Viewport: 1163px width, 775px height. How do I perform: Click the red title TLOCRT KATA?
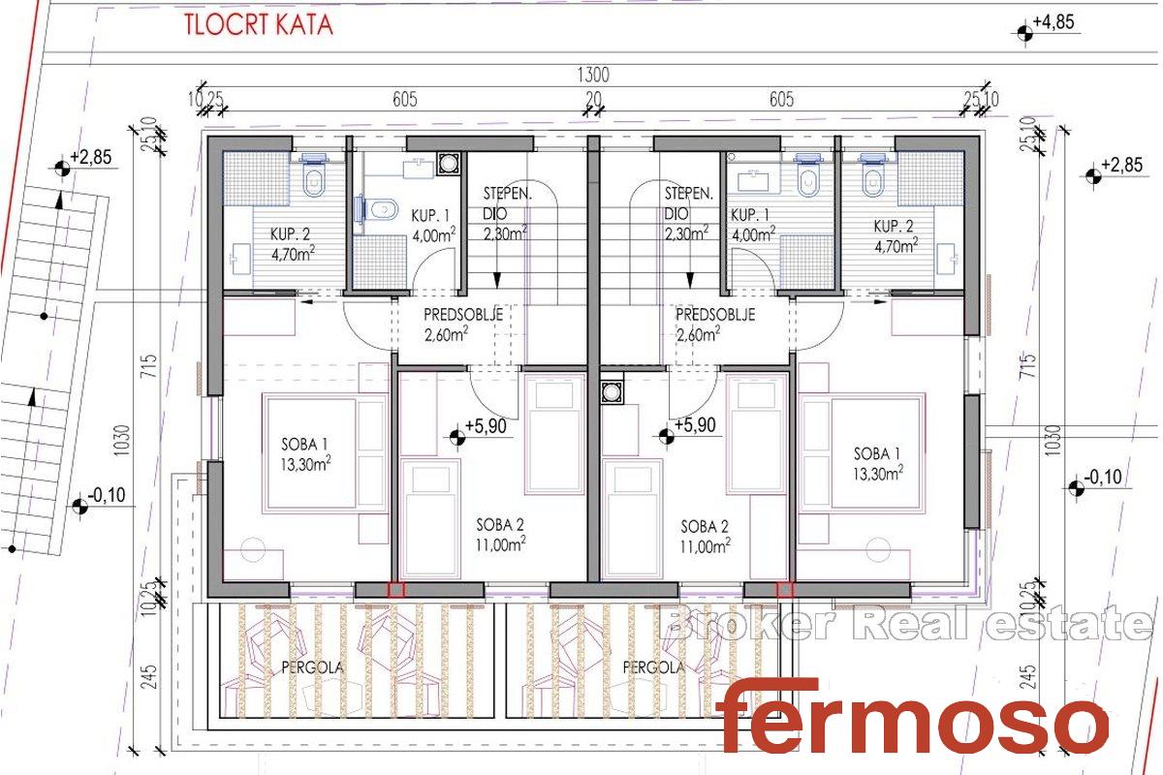pos(258,25)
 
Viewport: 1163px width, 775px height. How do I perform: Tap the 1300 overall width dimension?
pos(593,76)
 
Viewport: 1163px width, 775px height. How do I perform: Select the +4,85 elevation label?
pos(1053,22)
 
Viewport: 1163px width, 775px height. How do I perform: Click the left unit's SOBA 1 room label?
pos(305,454)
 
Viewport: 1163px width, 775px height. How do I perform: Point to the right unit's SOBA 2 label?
pos(706,538)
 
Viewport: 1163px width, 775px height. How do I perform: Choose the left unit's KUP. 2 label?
pos(293,244)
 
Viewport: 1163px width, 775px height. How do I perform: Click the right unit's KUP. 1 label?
pos(753,226)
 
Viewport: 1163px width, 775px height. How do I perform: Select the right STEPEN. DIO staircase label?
pos(688,214)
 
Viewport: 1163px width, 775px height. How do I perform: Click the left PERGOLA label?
pos(312,667)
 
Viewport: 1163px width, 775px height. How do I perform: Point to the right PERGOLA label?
pos(653,667)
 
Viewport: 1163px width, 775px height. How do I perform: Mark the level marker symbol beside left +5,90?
pos(457,438)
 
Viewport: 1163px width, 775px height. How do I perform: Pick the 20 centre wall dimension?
pos(593,99)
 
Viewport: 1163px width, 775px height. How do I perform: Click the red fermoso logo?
pos(912,715)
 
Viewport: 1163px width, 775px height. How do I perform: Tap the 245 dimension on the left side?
pos(148,676)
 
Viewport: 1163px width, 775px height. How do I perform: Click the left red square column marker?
pos(396,590)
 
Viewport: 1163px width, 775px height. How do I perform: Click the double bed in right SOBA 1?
pos(862,453)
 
